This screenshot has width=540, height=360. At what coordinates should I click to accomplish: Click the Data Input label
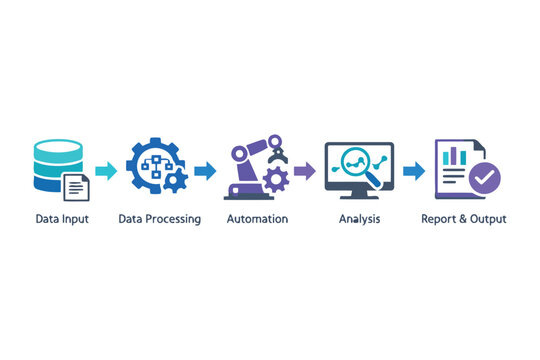(x=62, y=218)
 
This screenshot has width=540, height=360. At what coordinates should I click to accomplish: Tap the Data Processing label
(x=159, y=218)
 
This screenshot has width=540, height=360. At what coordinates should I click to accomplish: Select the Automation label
(x=257, y=218)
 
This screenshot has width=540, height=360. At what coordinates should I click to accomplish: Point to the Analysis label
(x=359, y=218)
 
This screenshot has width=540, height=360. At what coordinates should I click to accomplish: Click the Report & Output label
(x=463, y=218)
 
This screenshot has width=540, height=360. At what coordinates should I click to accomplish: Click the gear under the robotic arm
(x=274, y=181)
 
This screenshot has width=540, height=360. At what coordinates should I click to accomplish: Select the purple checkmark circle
(x=485, y=180)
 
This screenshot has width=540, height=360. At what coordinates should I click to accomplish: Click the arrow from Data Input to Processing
(x=105, y=171)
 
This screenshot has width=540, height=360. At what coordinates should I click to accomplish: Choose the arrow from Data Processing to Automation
(x=205, y=171)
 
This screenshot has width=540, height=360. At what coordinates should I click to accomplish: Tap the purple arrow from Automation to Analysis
(x=305, y=171)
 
